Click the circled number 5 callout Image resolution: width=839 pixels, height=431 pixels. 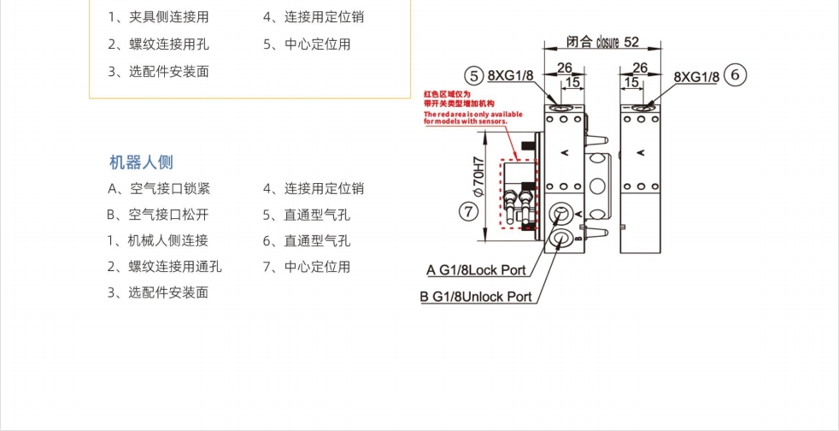tap(474, 75)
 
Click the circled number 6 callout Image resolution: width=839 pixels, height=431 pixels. tap(736, 75)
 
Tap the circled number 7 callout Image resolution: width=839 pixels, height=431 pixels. tap(468, 210)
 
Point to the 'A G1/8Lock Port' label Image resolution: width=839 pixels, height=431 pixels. tap(476, 270)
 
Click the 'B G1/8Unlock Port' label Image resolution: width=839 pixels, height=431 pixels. tap(475, 297)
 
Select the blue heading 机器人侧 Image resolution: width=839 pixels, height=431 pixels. tap(141, 162)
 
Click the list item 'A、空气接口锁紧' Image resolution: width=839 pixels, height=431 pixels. tap(159, 188)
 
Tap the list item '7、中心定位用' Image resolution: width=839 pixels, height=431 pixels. tap(307, 266)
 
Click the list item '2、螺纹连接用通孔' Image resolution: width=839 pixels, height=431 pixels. tap(165, 266)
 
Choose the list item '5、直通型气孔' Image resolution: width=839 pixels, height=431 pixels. tap(307, 215)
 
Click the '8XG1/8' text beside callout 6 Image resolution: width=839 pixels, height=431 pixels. tap(696, 77)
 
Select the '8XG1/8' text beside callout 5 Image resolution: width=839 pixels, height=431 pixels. tap(511, 75)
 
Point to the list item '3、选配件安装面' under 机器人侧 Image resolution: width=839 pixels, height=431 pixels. tap(158, 292)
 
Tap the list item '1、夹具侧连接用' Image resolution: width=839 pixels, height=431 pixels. tap(158, 17)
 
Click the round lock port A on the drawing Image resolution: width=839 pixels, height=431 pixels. tap(561, 215)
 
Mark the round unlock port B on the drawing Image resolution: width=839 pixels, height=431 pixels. tap(561, 238)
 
